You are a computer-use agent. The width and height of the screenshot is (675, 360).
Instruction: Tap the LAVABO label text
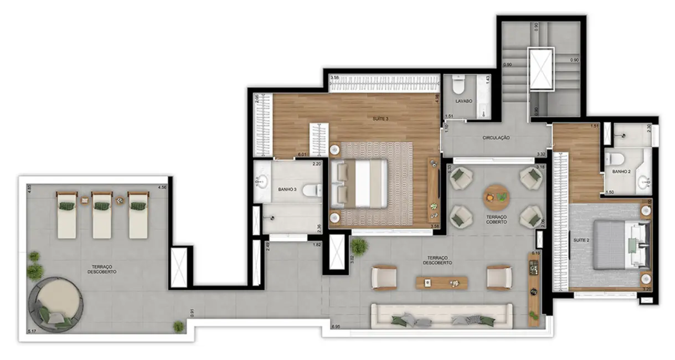463,101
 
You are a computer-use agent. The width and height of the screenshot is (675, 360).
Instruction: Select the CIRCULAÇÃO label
496,137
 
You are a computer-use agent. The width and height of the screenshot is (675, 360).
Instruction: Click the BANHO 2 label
621,172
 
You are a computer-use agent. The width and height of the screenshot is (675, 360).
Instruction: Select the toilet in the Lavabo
458,85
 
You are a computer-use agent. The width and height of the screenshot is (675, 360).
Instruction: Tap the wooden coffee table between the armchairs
441,282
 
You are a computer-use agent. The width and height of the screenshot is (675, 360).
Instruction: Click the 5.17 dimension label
32,332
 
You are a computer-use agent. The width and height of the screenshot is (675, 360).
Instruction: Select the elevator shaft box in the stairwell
540,69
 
